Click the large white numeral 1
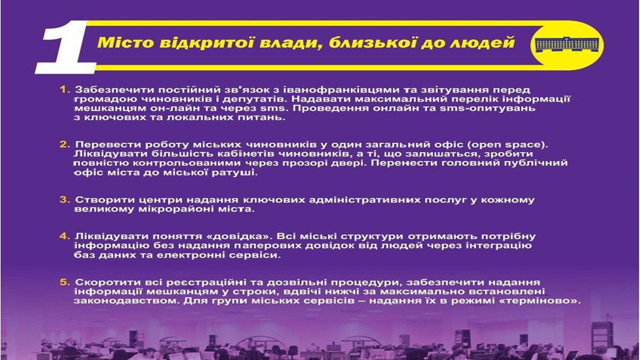click(67, 47)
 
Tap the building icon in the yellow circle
click(566, 44)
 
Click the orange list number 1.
click(64, 89)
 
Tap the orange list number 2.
click(64, 144)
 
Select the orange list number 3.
click(64, 199)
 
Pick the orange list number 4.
click(64, 236)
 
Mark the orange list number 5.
click(64, 282)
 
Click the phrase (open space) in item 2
click(507, 145)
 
